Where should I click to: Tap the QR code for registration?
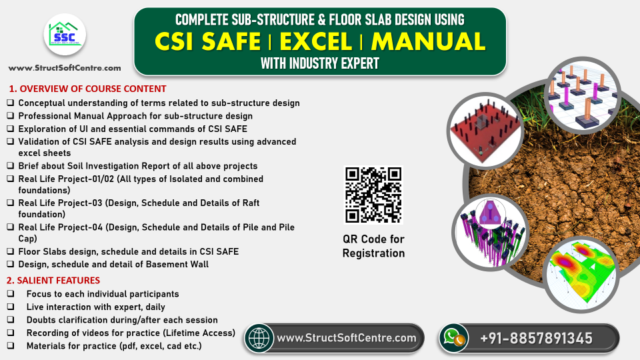click(373, 195)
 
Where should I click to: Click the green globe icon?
click(259, 338)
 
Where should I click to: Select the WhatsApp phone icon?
click(453, 338)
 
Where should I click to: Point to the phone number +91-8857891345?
click(536, 339)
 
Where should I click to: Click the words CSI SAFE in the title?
click(207, 41)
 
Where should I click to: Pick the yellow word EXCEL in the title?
click(315, 41)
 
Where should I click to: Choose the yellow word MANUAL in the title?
click(428, 41)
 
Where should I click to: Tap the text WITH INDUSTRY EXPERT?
click(320, 65)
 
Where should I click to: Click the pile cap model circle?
click(490, 230)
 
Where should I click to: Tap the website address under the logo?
click(65, 68)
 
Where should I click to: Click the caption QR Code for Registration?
click(373, 246)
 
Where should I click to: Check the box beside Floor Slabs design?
click(11, 251)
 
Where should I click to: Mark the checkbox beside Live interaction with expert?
click(11, 307)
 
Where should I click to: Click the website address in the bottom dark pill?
click(347, 339)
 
